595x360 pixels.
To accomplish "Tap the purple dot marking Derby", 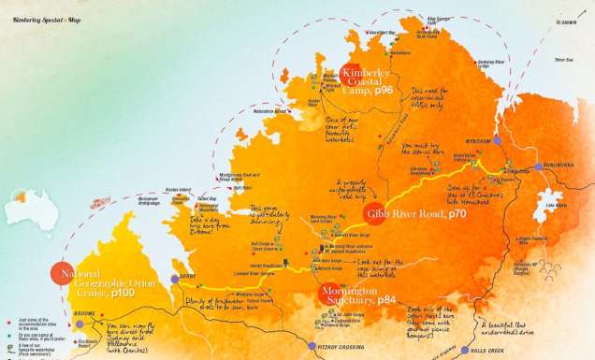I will click(x=174, y=279).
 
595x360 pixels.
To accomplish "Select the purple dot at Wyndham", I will click(x=498, y=139).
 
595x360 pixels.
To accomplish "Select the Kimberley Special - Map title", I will click(x=37, y=10).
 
